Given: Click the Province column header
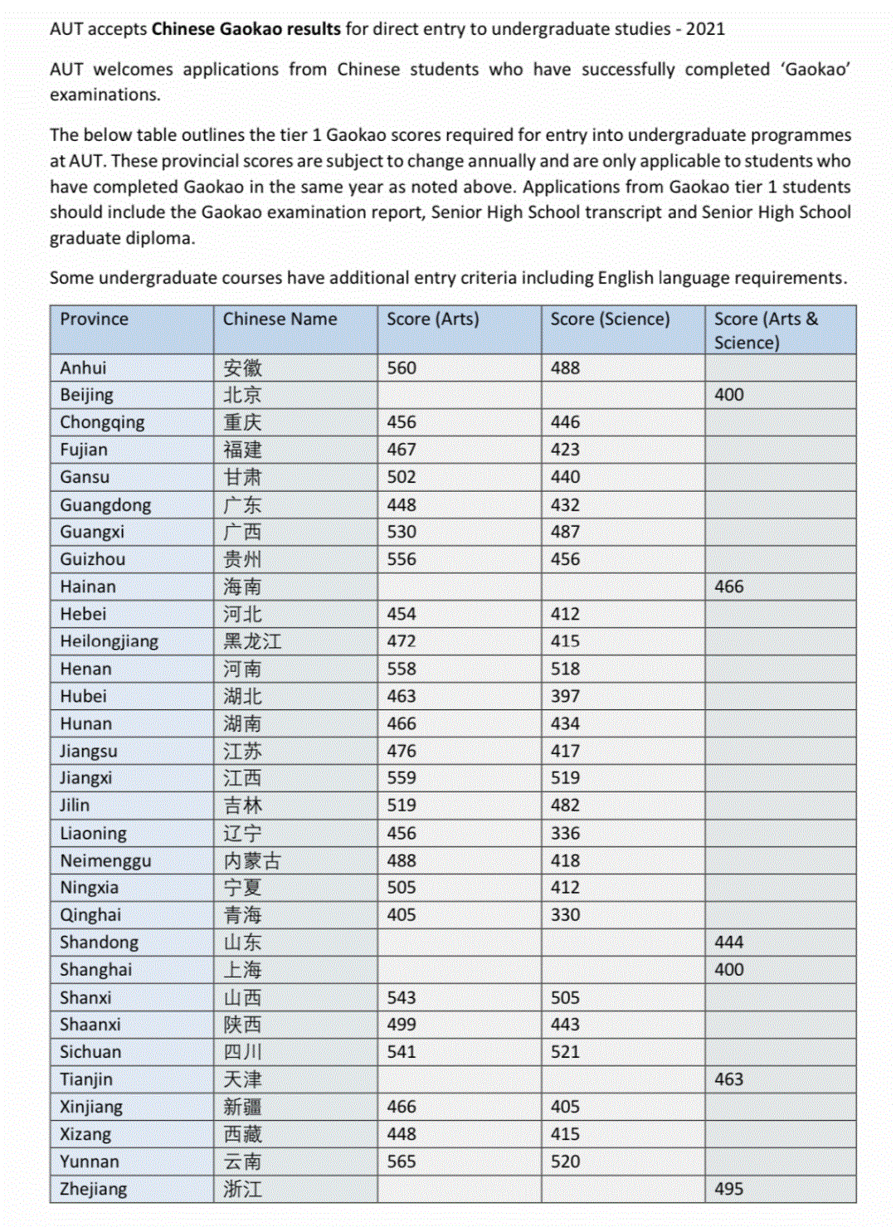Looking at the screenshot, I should (94, 319).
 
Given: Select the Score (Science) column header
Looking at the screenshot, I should (610, 319).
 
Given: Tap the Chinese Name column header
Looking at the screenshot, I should (280, 319).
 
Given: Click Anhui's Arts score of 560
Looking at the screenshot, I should (402, 368).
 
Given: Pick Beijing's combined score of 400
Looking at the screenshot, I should (729, 395).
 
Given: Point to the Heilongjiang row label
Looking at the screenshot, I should (109, 641).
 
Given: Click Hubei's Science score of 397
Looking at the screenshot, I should (565, 696).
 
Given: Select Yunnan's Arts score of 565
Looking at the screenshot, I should (402, 1161).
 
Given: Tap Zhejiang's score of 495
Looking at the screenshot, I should (729, 1189).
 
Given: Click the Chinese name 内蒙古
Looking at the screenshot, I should (252, 861).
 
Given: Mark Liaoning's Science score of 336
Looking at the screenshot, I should (565, 833).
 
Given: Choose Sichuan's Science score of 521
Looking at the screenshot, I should (565, 1052).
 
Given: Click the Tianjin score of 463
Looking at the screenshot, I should (729, 1079).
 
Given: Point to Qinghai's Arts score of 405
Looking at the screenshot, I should (402, 915).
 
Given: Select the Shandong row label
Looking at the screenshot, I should (99, 942).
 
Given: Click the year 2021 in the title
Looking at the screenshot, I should (705, 29).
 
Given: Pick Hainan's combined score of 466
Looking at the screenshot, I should (729, 587).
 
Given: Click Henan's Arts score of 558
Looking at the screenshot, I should (402, 669).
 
